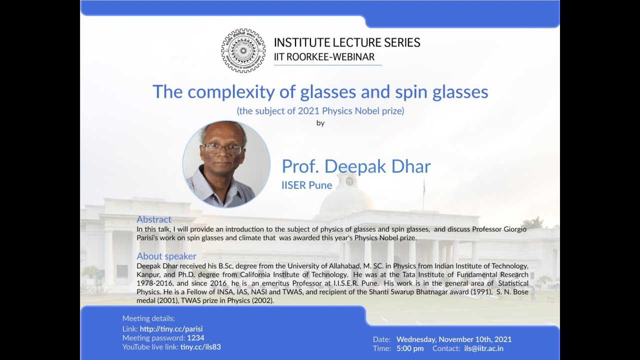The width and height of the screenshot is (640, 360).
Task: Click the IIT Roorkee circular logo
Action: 243,50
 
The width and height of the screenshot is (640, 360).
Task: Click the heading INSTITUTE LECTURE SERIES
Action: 347,42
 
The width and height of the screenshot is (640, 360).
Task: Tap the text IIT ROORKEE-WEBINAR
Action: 324,57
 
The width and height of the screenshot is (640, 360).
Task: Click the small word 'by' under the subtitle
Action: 320,123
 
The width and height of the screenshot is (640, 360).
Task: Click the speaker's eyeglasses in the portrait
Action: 223,149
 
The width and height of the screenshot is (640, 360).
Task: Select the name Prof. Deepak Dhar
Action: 356,166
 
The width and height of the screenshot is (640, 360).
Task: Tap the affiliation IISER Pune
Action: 306,185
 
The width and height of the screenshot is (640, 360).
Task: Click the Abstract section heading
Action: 154,219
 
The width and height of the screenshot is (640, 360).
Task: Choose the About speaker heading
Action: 166,256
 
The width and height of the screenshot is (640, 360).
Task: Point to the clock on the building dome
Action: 349,181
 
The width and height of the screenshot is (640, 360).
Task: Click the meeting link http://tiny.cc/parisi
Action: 171,329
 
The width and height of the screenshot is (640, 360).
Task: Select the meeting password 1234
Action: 195,338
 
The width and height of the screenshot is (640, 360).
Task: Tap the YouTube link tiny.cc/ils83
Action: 200,347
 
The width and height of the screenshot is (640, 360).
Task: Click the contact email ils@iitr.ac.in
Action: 484,348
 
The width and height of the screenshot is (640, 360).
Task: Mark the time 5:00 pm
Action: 410,348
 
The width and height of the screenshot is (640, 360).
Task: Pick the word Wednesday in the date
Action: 416,339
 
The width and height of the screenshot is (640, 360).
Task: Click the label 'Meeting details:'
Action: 148,318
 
